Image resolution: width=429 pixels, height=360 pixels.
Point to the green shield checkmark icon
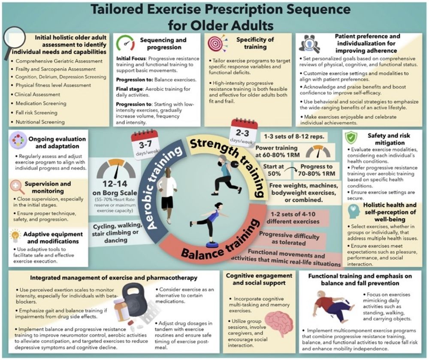(x=351, y=138)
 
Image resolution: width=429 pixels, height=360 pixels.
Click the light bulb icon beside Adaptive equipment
(x=15, y=236)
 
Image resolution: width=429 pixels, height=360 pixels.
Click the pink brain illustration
(x=279, y=324)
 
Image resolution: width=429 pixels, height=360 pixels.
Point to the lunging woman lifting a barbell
(x=226, y=175)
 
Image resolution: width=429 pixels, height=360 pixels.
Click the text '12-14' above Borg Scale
(x=115, y=184)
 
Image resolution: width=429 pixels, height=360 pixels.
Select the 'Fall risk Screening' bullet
(x=36, y=113)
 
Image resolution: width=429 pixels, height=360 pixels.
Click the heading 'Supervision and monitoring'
(x=48, y=188)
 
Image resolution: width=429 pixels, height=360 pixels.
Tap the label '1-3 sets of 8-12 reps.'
(x=294, y=136)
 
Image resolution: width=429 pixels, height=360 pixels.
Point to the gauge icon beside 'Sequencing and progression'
(x=126, y=43)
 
